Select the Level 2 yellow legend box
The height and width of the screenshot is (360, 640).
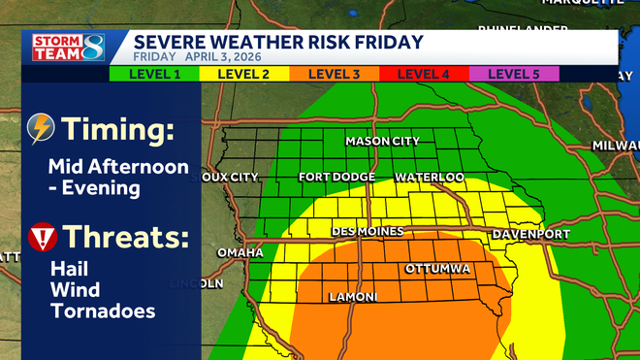pos(243,74)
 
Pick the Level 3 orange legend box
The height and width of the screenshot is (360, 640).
pos(334,74)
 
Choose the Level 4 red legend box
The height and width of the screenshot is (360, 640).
pos(424,74)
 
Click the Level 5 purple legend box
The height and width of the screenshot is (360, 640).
pos(514,74)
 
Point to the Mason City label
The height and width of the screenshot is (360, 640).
pos(383,142)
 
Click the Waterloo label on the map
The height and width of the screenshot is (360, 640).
pos(430,178)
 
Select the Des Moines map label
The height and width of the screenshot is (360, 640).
pos(362,232)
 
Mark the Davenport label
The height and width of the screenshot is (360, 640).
pos(530,235)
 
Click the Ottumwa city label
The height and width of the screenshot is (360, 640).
pos(437,268)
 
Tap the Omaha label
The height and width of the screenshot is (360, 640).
pos(240,253)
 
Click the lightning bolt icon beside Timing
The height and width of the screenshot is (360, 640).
pos(42,128)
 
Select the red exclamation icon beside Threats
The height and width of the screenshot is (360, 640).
pos(42,237)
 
